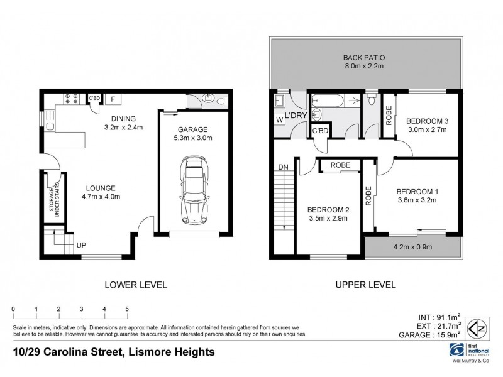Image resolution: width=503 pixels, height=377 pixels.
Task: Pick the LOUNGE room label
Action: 102,188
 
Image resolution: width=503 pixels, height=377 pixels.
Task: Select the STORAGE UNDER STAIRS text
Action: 54,202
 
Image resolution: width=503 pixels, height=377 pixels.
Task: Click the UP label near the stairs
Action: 81,245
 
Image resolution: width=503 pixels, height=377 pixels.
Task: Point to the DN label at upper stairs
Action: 283,167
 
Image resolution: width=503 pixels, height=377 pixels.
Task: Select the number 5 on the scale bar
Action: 127,309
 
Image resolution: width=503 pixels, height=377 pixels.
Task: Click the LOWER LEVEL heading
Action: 135,285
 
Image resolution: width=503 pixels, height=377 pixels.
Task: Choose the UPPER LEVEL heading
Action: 365,285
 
